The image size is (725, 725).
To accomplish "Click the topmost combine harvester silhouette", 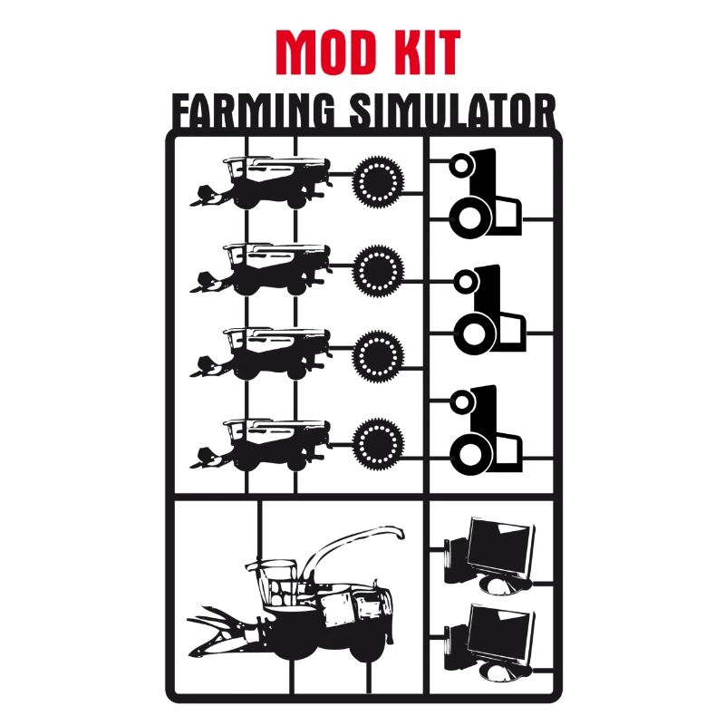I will [263, 181].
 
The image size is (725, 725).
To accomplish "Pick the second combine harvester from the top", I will [263, 268].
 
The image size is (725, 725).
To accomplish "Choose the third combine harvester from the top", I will [263, 354].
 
